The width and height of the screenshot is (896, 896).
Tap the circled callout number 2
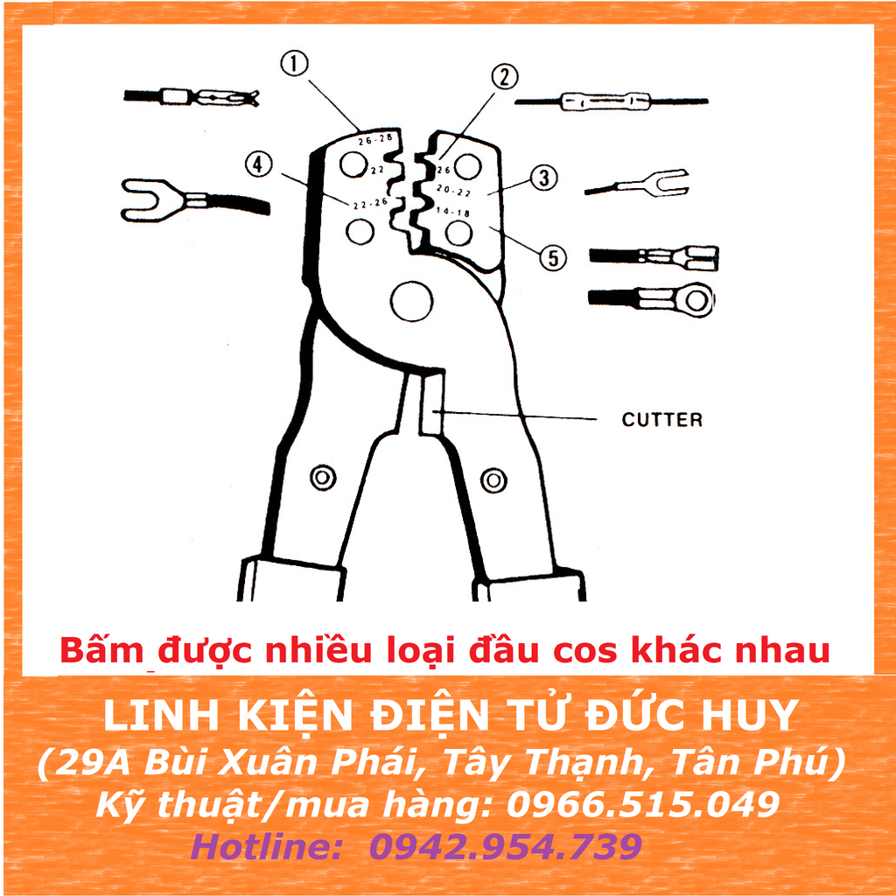tap(503, 76)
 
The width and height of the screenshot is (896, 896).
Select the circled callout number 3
tap(543, 178)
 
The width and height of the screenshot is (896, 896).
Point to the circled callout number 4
tap(259, 164)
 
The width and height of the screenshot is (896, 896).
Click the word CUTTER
tap(661, 420)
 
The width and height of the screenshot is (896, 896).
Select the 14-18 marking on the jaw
tap(451, 212)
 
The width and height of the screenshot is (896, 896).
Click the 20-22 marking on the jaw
tap(453, 189)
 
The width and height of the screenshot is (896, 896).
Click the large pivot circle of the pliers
tap(412, 302)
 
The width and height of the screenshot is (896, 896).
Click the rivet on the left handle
tap(323, 478)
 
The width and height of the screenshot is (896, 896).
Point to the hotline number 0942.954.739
tap(506, 846)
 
